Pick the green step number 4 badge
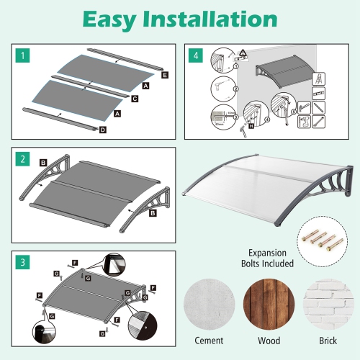click(x=194, y=55)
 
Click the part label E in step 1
click(x=165, y=75)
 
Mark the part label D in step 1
click(x=103, y=130)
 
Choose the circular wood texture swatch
click(x=269, y=304)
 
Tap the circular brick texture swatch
click(x=326, y=304)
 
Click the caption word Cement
click(x=209, y=340)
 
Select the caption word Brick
click(x=327, y=340)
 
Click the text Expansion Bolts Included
click(x=270, y=258)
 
